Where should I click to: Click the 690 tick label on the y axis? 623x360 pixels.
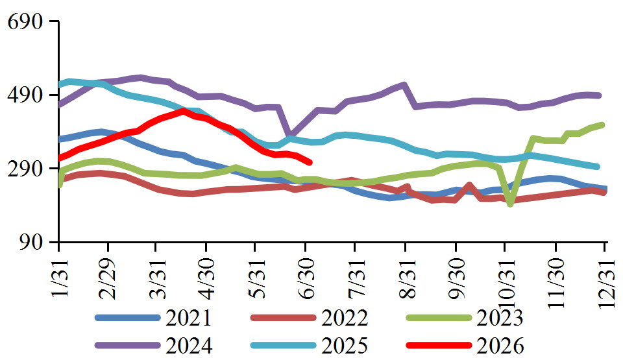(25, 22)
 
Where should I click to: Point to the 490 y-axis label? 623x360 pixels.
(25, 95)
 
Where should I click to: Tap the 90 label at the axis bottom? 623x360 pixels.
(31, 243)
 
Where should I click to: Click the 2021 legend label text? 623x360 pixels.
(189, 318)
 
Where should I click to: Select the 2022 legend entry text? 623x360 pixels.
(345, 318)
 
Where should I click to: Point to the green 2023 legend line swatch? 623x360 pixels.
(439, 318)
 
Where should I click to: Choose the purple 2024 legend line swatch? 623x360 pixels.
(128, 345)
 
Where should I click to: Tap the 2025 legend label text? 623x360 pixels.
(345, 345)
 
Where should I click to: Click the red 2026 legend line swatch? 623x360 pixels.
(439, 345)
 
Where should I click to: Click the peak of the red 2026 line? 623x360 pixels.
(183, 111)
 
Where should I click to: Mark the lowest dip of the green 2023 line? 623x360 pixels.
(511, 204)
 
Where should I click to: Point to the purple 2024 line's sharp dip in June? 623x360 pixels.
(289, 135)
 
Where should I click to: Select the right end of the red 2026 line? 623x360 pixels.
(310, 163)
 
